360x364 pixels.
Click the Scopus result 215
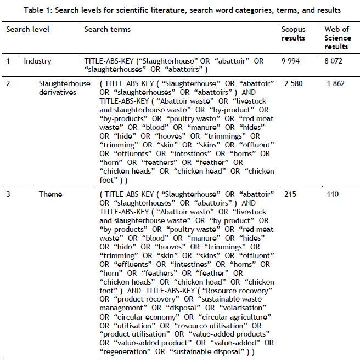pos(290,194)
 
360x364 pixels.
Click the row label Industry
pos(37,61)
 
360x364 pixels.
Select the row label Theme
pos(50,194)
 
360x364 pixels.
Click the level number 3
pos(8,194)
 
